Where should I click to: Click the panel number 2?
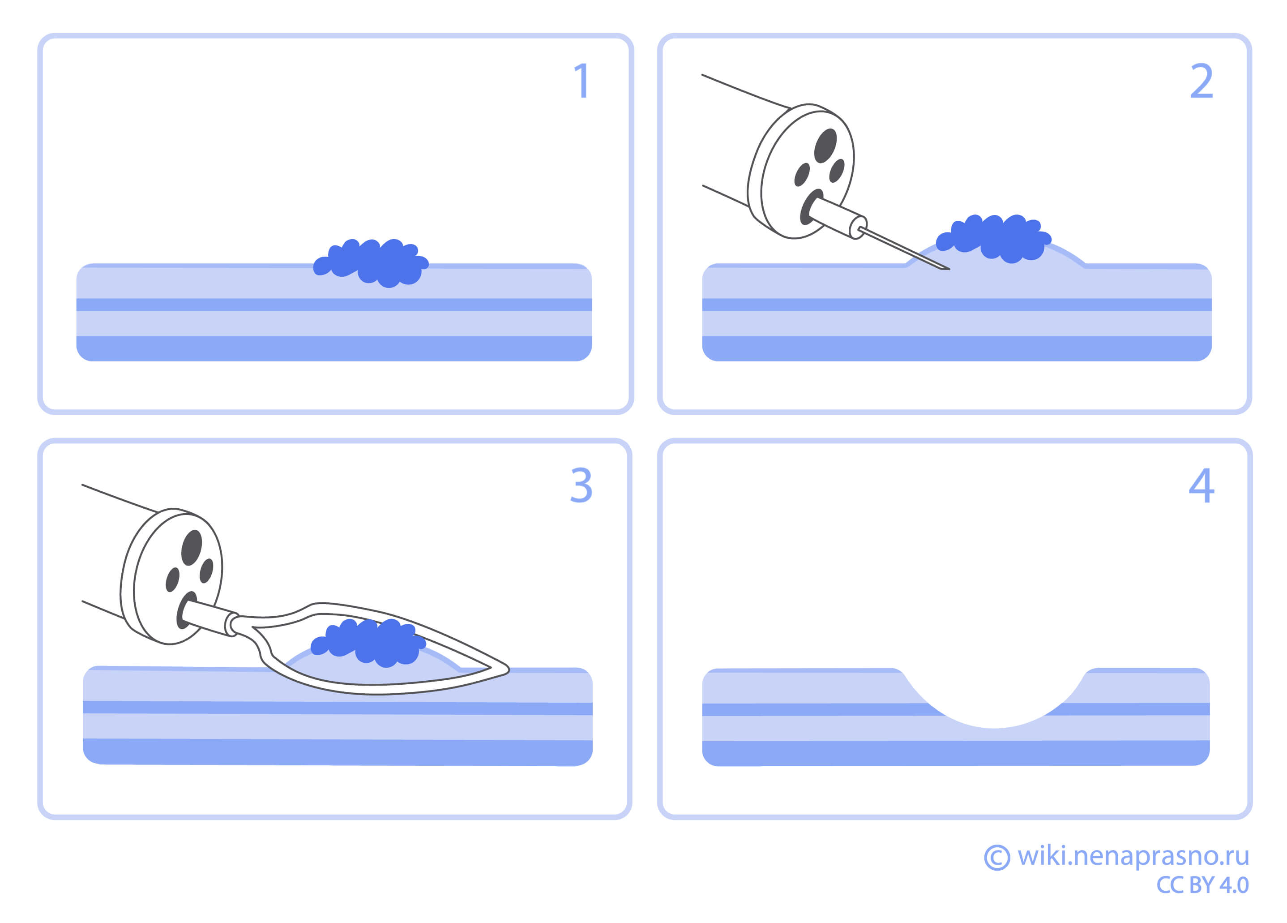(1201, 81)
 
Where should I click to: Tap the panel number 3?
(581, 485)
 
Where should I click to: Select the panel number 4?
(1201, 485)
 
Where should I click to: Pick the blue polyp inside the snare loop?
(369, 643)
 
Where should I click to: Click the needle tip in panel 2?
(948, 269)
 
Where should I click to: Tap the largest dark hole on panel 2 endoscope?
(825, 145)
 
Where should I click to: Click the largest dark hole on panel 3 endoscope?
(192, 548)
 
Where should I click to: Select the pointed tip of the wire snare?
(508, 670)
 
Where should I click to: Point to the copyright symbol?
(997, 857)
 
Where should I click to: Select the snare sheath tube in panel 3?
(209, 618)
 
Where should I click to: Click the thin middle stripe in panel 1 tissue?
(334, 305)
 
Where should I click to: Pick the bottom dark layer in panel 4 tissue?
(956, 753)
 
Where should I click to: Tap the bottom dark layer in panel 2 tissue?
(957, 348)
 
